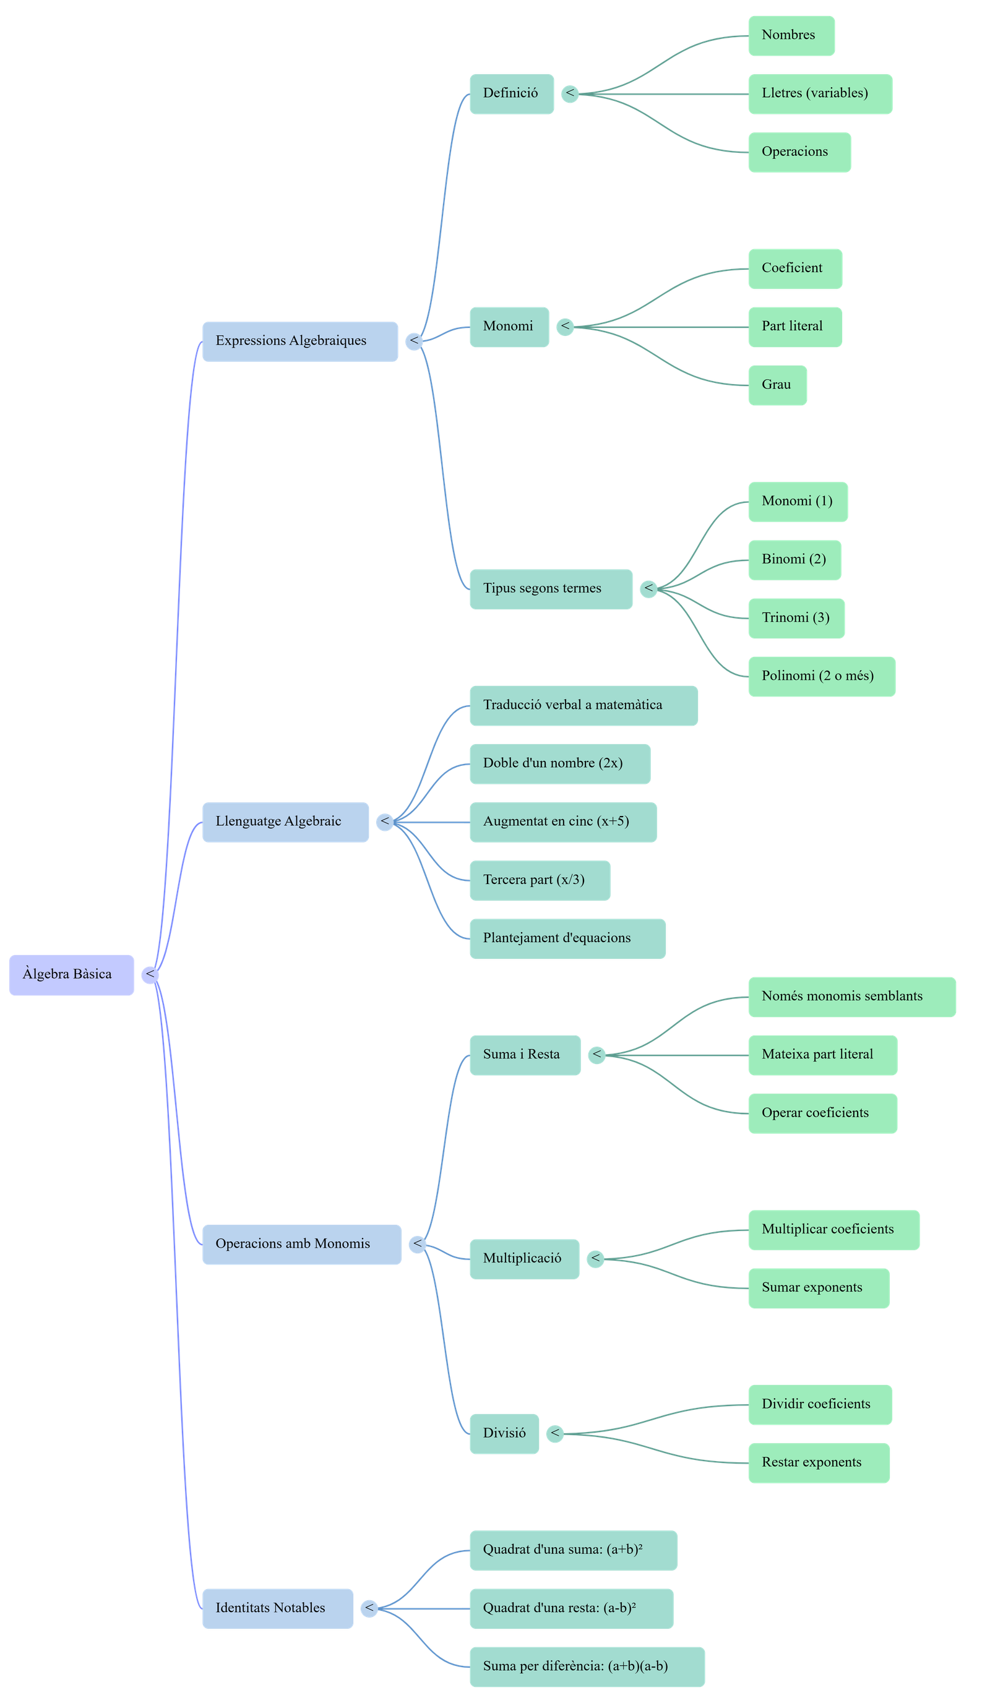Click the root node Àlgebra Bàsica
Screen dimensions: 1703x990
pyautogui.click(x=71, y=974)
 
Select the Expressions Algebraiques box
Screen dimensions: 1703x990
pyautogui.click(x=300, y=341)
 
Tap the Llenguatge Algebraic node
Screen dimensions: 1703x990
pyautogui.click(x=285, y=821)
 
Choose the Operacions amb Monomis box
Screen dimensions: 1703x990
pyautogui.click(x=301, y=1244)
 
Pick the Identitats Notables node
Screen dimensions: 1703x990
pyautogui.click(x=277, y=1608)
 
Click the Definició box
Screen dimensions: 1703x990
pyautogui.click(x=512, y=94)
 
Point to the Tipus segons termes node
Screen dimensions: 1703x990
pyautogui.click(x=551, y=589)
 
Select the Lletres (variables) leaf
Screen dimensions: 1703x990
pyautogui.click(x=820, y=94)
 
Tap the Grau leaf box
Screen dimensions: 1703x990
pyautogui.click(x=777, y=385)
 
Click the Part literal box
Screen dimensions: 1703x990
pyautogui.click(x=794, y=327)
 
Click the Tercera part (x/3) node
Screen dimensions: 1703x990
pyautogui.click(x=540, y=880)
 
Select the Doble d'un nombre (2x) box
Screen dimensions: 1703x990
pyautogui.click(x=559, y=763)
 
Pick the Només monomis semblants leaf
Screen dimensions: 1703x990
pyautogui.click(x=851, y=997)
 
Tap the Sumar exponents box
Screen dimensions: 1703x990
pyautogui.click(x=819, y=1288)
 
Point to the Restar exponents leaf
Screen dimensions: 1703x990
pyautogui.click(x=819, y=1463)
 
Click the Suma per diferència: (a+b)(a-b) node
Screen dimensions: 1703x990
pyautogui.click(x=587, y=1667)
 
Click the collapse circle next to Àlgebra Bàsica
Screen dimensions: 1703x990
pyautogui.click(x=149, y=974)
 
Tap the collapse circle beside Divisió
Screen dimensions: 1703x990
pyautogui.click(x=554, y=1433)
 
